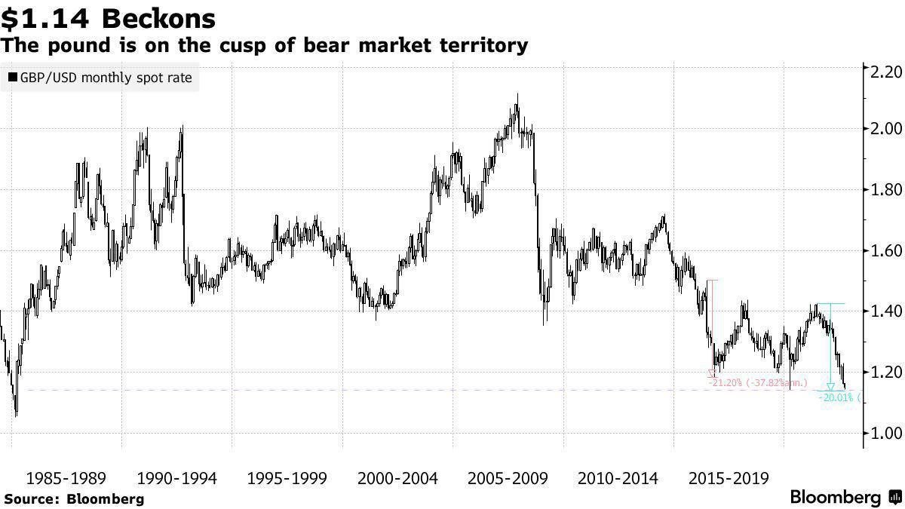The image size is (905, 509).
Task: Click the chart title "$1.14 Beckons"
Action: tap(109, 18)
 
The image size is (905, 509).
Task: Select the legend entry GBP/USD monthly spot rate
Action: tap(100, 78)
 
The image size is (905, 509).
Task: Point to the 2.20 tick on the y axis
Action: tap(882, 72)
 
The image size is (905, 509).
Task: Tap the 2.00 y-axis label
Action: tap(882, 129)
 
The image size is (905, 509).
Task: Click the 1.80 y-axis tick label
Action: tap(882, 189)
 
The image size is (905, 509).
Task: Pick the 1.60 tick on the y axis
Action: tap(882, 250)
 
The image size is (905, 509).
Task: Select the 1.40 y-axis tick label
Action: tap(882, 311)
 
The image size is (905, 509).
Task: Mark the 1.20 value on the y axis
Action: tap(882, 372)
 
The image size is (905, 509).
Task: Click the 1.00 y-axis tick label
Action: tap(882, 433)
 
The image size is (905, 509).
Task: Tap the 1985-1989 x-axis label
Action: tap(66, 479)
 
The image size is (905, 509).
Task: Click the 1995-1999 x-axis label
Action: tap(287, 479)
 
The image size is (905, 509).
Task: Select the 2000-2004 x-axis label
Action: tap(397, 479)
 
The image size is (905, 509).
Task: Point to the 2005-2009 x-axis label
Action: tap(508, 479)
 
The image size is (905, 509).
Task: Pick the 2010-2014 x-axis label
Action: tap(618, 479)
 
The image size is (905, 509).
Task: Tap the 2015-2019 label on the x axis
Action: tap(729, 479)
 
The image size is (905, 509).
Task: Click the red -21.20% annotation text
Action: tap(758, 383)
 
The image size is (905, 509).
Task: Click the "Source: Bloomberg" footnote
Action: tap(73, 498)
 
